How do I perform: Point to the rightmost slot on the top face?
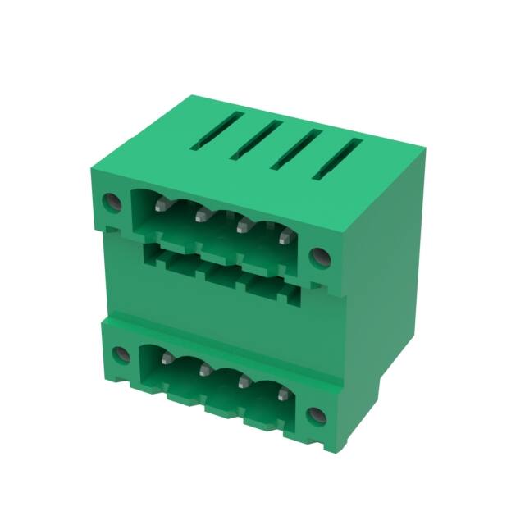coord(337,157)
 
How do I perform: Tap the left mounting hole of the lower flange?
coord(120,355)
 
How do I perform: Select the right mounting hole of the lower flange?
coord(316,415)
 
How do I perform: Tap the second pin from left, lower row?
coord(204,371)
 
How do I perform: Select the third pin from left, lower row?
coord(244,381)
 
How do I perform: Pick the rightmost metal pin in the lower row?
coord(284,394)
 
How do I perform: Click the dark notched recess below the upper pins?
coord(221,267)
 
